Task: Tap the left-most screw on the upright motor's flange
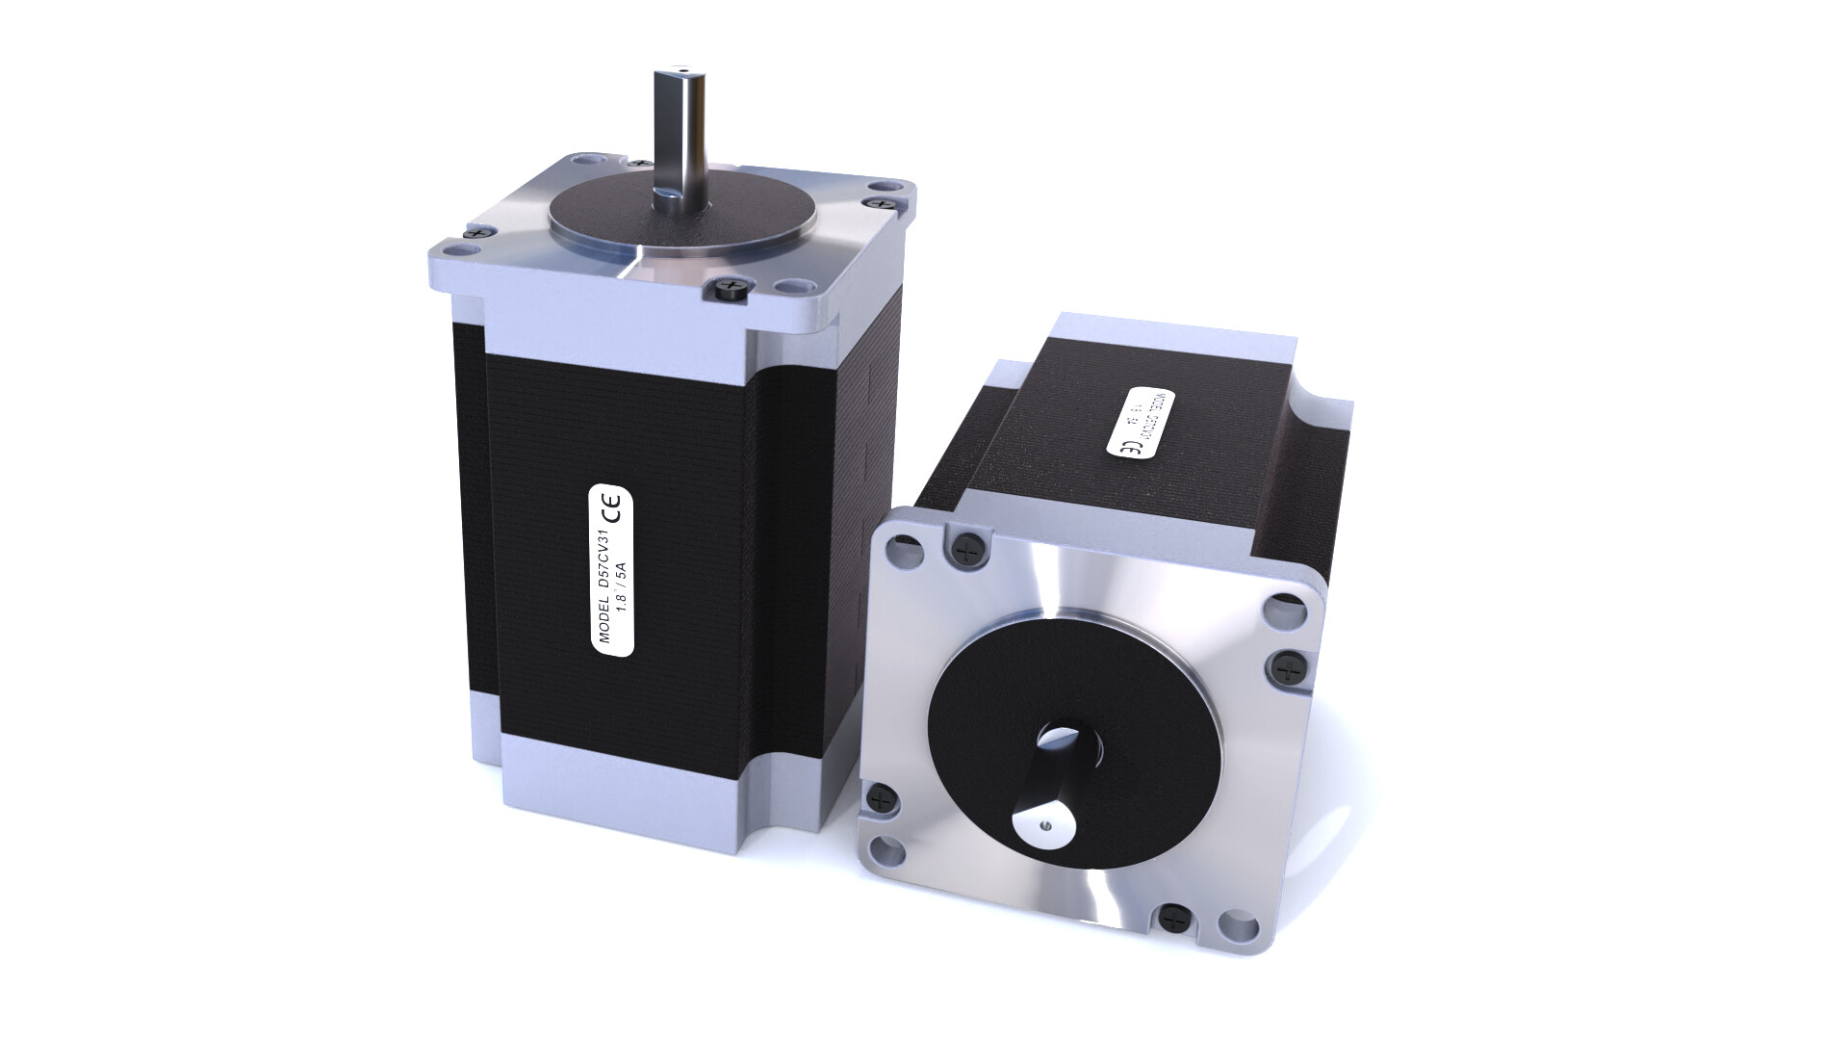[475, 231]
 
